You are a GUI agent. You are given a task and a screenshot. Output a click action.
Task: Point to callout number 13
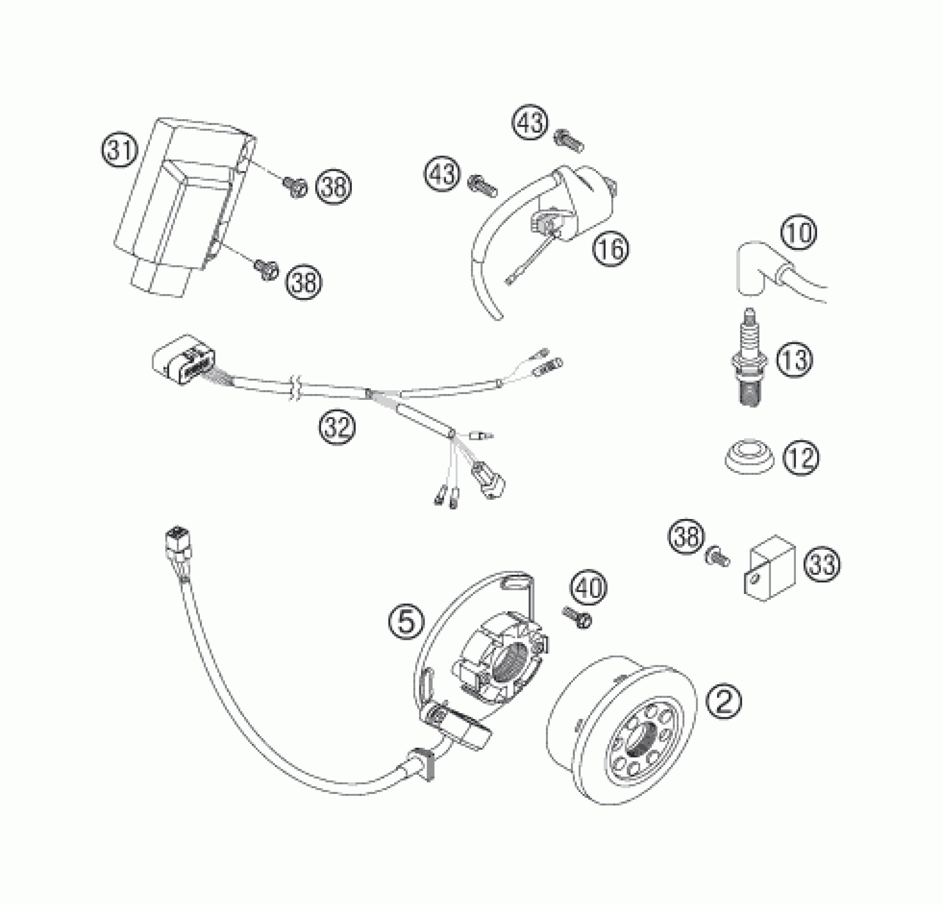pos(795,359)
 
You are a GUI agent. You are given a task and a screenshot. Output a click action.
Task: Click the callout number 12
pos(801,457)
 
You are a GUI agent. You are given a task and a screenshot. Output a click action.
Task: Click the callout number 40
pos(589,589)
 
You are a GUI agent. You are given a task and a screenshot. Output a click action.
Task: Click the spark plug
pos(750,362)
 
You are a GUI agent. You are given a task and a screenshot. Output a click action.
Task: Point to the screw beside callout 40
pos(577,618)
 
